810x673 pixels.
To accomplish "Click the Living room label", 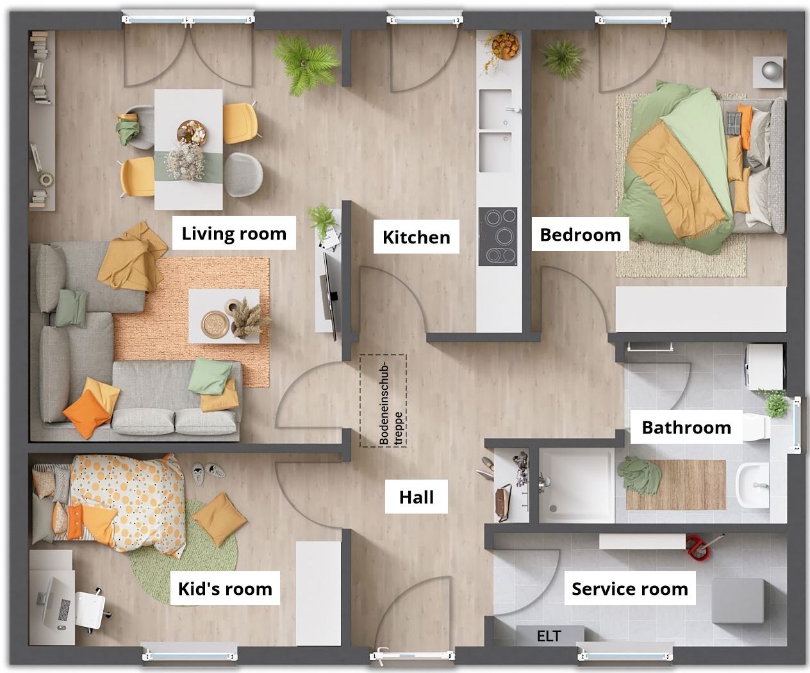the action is pyautogui.click(x=234, y=232).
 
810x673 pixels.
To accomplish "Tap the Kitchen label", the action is pyautogui.click(x=417, y=237).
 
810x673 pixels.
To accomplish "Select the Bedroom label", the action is pyautogui.click(x=581, y=234).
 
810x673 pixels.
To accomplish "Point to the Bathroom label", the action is pyautogui.click(x=686, y=427).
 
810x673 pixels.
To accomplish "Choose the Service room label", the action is pyautogui.click(x=630, y=588).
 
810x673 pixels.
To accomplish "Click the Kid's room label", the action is pyautogui.click(x=225, y=588).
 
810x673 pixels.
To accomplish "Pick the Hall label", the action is pyautogui.click(x=417, y=497).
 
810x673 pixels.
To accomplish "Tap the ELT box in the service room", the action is pyautogui.click(x=549, y=636).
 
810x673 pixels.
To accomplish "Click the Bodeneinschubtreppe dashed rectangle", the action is pyautogui.click(x=383, y=400).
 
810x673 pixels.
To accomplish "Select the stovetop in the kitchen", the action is pyautogui.click(x=498, y=236).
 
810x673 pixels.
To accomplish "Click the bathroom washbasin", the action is pyautogui.click(x=752, y=485).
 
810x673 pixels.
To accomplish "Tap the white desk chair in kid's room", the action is pyautogui.click(x=90, y=610).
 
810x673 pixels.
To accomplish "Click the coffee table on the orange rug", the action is pyautogui.click(x=224, y=316).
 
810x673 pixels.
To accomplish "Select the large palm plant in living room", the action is pyautogui.click(x=306, y=64).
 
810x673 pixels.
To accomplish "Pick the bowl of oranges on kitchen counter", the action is pyautogui.click(x=506, y=46).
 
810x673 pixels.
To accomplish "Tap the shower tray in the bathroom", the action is pyautogui.click(x=577, y=485).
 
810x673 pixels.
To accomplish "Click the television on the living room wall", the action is pyautogui.click(x=329, y=295).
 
